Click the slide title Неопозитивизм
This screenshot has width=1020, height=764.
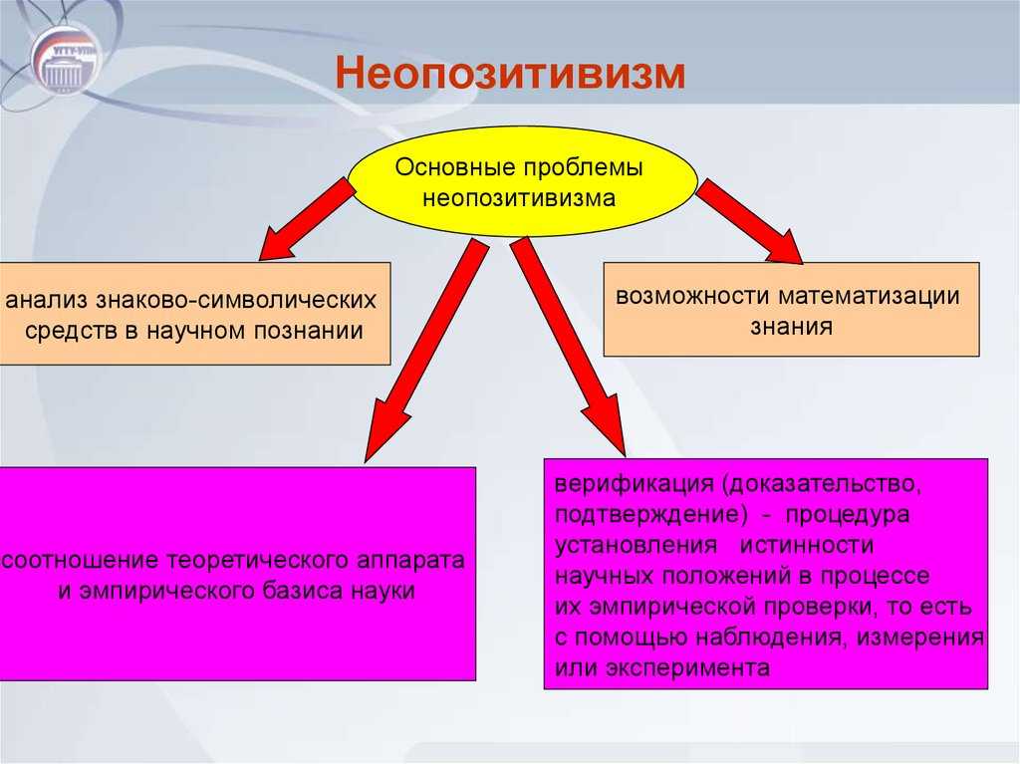click(x=509, y=75)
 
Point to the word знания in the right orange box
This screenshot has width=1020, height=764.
click(x=792, y=325)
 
